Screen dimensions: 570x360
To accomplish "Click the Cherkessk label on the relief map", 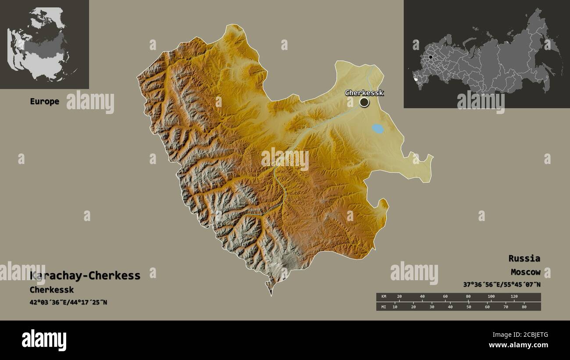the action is (x=364, y=93).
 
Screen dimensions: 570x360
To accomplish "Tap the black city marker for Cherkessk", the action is (x=364, y=102).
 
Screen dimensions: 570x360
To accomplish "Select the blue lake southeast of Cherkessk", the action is (x=378, y=129).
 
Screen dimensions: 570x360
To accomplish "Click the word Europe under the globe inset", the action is (x=44, y=102).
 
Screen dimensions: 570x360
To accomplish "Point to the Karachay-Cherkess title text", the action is (x=85, y=276).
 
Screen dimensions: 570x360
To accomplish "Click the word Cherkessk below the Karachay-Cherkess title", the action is (x=52, y=290).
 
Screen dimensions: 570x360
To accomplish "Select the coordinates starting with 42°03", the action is (x=68, y=303).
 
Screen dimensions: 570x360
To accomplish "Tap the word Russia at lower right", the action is (x=524, y=258).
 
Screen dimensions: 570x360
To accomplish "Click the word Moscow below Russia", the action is (x=525, y=272).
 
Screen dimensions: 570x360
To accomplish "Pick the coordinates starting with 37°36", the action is (x=502, y=285).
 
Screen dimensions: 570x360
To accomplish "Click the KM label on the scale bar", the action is (x=384, y=297).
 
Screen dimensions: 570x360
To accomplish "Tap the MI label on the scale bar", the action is (x=384, y=307).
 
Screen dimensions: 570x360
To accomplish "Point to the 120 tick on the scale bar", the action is (x=514, y=297).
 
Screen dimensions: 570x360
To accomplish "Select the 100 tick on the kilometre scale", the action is (x=491, y=297).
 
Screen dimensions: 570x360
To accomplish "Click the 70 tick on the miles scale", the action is (x=506, y=307).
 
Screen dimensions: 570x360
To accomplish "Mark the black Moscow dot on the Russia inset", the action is (x=431, y=57).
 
